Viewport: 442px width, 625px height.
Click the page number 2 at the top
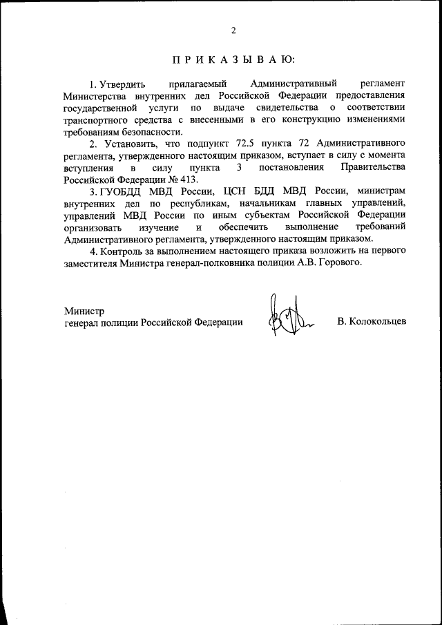pos(233,30)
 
